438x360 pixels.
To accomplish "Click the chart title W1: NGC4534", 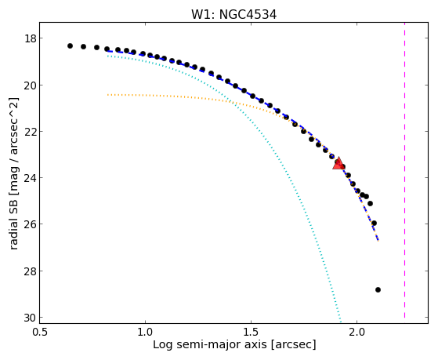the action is point(233,14).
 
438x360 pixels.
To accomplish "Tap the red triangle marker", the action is point(338,163).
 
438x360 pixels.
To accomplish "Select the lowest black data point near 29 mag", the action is point(378,289).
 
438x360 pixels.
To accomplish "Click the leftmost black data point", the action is point(70,45).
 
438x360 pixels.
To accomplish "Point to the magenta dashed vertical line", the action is point(404,170).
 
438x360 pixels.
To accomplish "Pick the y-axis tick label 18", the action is point(30,38).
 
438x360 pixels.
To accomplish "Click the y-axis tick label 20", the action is point(30,85).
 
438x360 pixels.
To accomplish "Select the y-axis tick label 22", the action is point(30,131).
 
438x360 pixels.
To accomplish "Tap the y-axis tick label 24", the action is point(30,177).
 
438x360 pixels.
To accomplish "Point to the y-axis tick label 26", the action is point(30,224).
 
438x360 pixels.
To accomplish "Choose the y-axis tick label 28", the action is point(30,271).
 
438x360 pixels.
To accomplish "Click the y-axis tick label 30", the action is point(30,317).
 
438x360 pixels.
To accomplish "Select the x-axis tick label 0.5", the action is point(39,332).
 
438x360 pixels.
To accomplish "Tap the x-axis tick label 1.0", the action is point(145,332).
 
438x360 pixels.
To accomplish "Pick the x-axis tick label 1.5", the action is point(251,332).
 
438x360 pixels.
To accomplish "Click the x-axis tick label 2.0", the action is point(357,332).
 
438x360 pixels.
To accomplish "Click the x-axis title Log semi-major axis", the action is point(210,344).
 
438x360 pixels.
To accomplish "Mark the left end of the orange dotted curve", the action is point(107,95).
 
